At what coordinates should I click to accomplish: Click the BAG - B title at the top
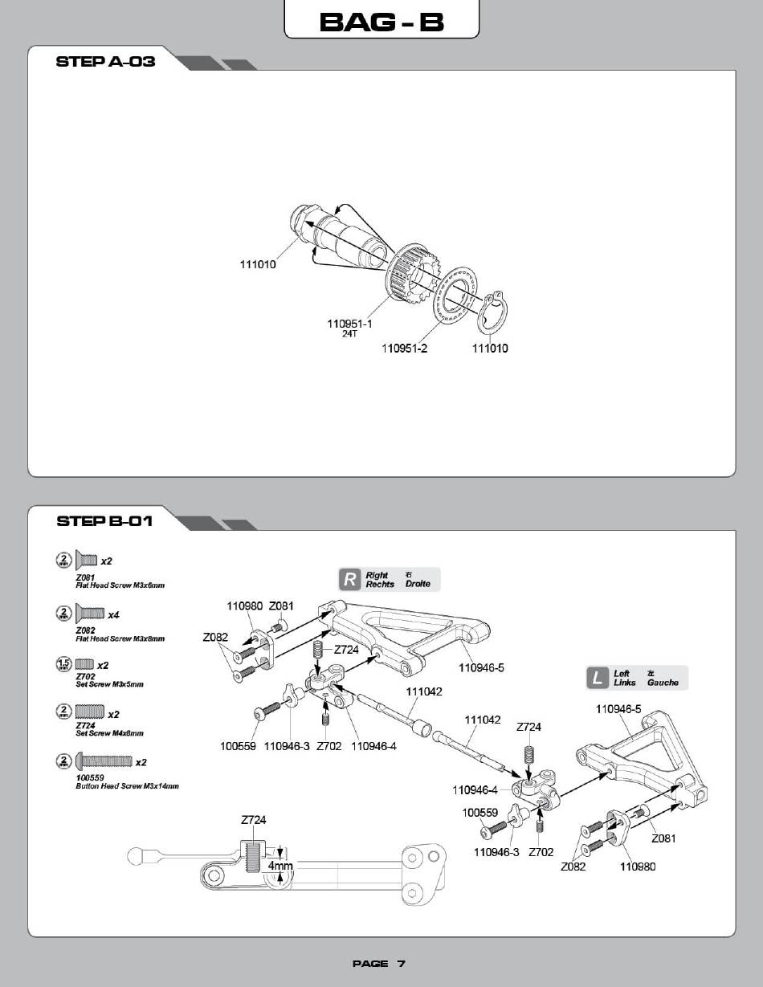pyautogui.click(x=381, y=22)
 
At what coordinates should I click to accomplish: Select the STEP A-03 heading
pyautogui.click(x=105, y=61)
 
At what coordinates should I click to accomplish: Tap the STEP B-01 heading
pyautogui.click(x=104, y=521)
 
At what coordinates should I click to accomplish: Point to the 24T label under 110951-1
pyautogui.click(x=349, y=334)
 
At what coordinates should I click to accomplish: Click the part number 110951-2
pyautogui.click(x=404, y=349)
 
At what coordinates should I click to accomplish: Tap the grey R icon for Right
pyautogui.click(x=349, y=580)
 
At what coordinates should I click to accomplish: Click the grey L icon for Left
pyautogui.click(x=598, y=678)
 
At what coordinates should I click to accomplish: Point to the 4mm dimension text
pyautogui.click(x=280, y=865)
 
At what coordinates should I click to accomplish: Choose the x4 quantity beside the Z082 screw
pyautogui.click(x=113, y=615)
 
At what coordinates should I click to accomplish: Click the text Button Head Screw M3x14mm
pyautogui.click(x=127, y=785)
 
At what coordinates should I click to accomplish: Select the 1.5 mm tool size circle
pyautogui.click(x=63, y=664)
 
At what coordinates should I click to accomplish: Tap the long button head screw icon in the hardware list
pyautogui.click(x=104, y=761)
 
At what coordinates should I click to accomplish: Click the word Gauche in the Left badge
pyautogui.click(x=663, y=683)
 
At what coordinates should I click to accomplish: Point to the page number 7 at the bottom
pyautogui.click(x=401, y=964)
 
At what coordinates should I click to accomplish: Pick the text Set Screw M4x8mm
pyautogui.click(x=109, y=733)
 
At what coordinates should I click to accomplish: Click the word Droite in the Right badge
pyautogui.click(x=418, y=584)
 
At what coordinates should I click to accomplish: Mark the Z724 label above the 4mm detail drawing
pyautogui.click(x=254, y=820)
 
